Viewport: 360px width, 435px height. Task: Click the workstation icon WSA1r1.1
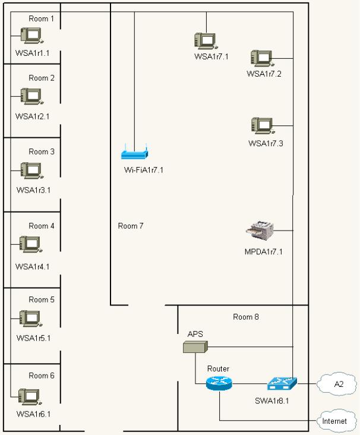[30, 36]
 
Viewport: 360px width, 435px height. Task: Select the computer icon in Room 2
[30, 96]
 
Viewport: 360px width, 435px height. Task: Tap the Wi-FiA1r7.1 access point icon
[134, 155]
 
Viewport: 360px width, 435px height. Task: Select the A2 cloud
[339, 384]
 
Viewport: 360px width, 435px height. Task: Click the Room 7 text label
[131, 226]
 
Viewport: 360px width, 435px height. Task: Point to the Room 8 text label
[246, 317]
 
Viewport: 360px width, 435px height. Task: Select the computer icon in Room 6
[29, 396]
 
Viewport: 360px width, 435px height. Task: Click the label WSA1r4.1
[32, 266]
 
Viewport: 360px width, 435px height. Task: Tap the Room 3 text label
[42, 152]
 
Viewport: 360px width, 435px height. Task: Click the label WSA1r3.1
[33, 190]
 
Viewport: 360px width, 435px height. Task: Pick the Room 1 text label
[42, 18]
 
